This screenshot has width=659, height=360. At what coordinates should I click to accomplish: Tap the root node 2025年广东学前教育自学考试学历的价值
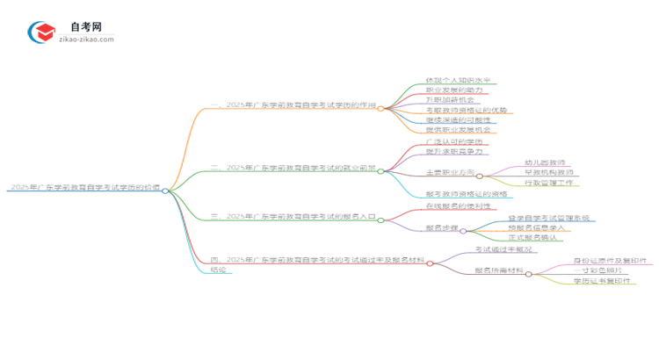coord(83,189)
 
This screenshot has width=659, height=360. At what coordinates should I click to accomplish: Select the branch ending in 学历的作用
coord(293,108)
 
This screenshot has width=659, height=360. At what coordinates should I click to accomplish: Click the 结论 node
coord(219,270)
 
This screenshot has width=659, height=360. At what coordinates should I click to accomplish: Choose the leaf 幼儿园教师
coord(544,162)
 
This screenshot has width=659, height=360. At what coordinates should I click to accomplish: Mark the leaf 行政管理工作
coord(547,183)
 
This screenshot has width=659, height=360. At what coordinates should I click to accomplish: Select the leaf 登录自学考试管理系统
coord(548,217)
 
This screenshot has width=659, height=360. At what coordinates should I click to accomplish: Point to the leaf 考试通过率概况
coord(503,249)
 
